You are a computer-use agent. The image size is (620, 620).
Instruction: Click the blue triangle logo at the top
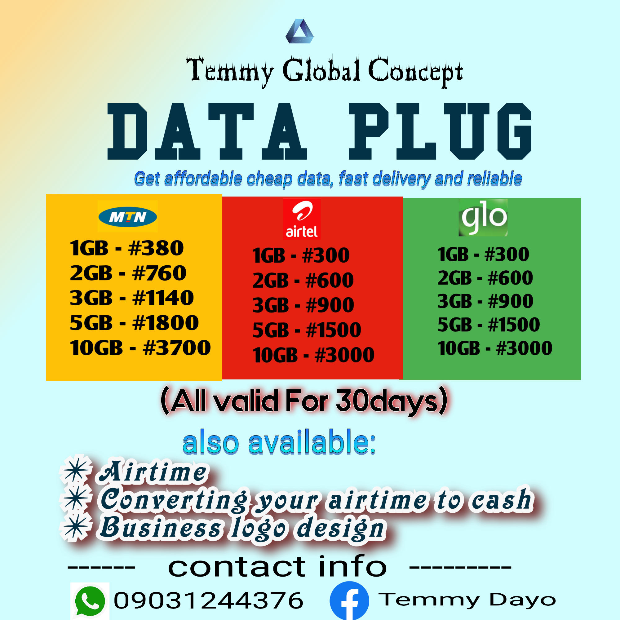tap(299, 31)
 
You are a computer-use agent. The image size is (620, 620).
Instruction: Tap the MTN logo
tap(128, 217)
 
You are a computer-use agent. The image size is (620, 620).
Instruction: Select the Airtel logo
tap(302, 219)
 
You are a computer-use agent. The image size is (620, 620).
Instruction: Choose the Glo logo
tap(483, 218)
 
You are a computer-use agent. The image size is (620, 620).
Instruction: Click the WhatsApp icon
tap(90, 600)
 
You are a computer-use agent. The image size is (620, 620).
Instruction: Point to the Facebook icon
tap(349, 601)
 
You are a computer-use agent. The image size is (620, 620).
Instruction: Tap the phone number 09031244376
tap(209, 600)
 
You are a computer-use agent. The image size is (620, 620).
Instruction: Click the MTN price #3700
tap(177, 348)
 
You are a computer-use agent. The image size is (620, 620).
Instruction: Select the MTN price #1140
tap(163, 298)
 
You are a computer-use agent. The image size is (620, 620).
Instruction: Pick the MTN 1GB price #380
tap(156, 248)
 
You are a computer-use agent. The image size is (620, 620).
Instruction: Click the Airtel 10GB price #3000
tap(345, 355)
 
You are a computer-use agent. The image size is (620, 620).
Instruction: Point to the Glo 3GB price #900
tap(511, 301)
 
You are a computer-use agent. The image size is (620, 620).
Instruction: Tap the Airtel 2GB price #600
tap(330, 280)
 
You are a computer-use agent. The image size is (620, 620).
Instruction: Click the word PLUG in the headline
tap(440, 131)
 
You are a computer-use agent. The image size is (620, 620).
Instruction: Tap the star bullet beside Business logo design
tap(76, 528)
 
